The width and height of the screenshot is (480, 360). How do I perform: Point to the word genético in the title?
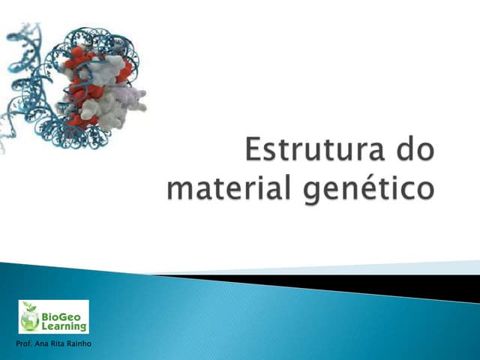(x=367, y=187)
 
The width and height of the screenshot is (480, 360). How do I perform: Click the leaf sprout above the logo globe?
(x=30, y=307)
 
